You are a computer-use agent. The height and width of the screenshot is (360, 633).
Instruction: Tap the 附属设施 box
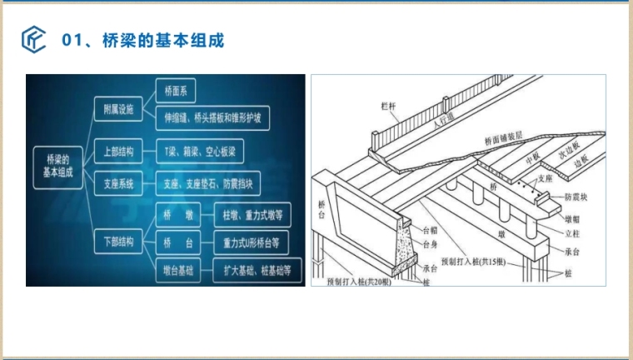point(118,109)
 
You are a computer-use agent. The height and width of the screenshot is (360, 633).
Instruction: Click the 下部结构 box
point(118,242)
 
